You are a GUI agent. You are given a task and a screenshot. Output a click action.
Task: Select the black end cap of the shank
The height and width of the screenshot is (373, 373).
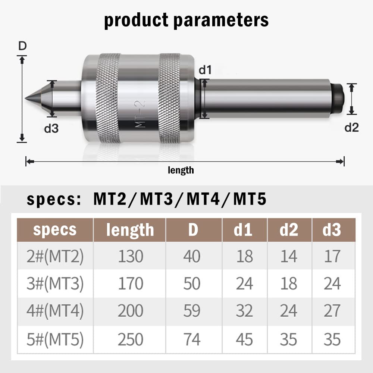338,98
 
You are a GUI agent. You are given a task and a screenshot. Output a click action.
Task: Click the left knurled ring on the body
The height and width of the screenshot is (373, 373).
108,98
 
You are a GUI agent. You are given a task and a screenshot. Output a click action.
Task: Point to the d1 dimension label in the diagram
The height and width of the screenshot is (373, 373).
205,70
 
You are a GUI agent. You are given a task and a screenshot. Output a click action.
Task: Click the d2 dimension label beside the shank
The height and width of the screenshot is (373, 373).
351,128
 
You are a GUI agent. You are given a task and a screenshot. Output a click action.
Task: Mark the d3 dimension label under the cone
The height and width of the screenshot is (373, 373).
52,129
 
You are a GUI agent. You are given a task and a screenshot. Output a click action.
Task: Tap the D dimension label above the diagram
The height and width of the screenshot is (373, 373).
22,47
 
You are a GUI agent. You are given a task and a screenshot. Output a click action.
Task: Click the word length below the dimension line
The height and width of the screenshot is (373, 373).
181,170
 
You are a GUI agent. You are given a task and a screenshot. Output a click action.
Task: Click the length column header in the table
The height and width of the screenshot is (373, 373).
130,230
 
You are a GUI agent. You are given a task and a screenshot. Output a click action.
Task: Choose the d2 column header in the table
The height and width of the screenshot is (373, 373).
289,230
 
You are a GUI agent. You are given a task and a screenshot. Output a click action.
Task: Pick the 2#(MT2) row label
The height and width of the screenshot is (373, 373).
55,256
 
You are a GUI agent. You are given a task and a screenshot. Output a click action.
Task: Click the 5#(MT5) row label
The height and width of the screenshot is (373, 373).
55,339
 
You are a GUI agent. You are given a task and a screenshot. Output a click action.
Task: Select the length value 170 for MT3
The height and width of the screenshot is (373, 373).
130,284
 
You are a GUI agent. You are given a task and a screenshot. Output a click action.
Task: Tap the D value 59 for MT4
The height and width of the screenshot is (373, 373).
192,311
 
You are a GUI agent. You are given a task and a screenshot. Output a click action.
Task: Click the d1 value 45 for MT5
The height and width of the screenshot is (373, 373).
245,339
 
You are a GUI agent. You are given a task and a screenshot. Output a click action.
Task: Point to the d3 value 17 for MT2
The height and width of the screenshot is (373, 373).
332,256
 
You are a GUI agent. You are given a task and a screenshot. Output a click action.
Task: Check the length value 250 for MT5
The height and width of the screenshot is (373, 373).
130,339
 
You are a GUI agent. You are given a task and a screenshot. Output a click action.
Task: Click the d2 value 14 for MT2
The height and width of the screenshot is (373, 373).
289,256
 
